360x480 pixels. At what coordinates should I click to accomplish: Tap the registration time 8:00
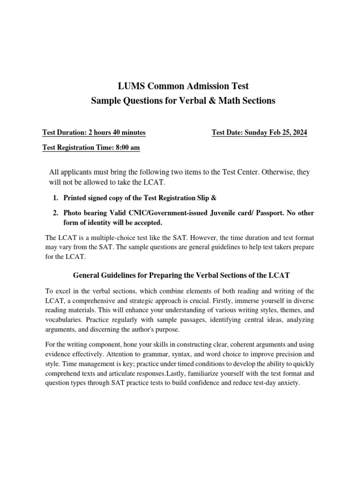click(x=117, y=148)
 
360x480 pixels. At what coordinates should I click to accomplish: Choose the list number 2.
click(x=55, y=213)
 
